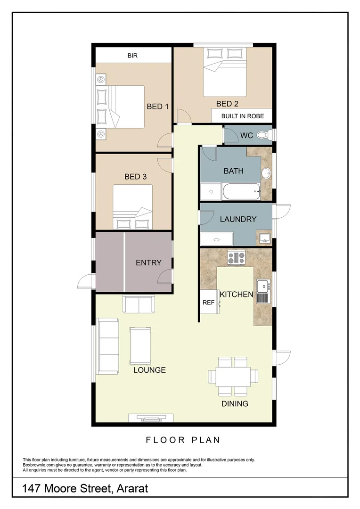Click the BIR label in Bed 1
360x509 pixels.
[132, 56]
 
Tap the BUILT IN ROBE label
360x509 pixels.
[243, 116]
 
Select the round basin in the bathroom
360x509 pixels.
[266, 173]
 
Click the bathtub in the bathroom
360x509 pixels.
[242, 192]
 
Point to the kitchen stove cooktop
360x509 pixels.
[237, 258]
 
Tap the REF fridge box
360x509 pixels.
[208, 303]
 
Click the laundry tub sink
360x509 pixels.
[264, 237]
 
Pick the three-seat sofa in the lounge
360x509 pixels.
[107, 346]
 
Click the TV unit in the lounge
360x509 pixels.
[151, 418]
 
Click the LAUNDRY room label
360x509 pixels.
[238, 219]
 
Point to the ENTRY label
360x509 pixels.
[148, 263]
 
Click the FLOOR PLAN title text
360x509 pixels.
[183, 440]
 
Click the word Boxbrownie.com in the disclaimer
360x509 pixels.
[39, 465]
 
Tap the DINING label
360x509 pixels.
[235, 404]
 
